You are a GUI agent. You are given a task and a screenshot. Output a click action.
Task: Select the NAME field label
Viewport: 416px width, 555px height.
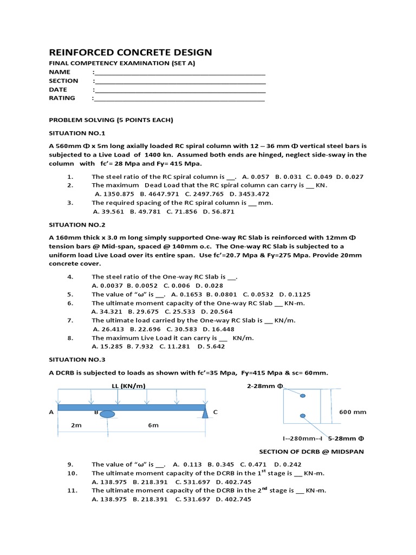[60, 72]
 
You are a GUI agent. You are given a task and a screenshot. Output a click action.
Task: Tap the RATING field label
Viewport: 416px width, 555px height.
[62, 98]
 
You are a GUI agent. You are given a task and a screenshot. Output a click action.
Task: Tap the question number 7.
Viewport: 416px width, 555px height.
[70, 320]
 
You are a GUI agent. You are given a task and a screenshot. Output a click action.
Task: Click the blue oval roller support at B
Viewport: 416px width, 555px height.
[107, 415]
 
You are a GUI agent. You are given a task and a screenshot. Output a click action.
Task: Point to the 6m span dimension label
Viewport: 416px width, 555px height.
[153, 425]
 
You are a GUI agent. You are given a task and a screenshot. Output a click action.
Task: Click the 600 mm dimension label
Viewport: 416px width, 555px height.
[353, 412]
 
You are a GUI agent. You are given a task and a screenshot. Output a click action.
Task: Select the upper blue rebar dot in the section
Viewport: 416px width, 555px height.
[302, 396]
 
